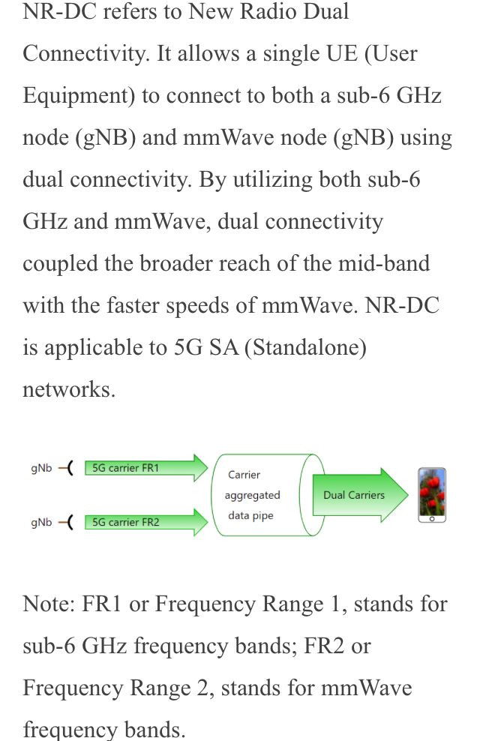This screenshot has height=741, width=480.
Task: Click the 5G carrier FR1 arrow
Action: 146,468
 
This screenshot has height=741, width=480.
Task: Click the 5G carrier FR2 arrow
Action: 146,522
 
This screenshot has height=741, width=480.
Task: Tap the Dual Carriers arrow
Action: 360,495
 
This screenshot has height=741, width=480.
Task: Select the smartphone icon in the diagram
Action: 432,495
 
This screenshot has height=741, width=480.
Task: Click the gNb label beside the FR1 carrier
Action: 41,468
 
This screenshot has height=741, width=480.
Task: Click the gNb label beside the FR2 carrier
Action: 41,522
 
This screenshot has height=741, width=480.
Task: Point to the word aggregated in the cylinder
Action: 252,495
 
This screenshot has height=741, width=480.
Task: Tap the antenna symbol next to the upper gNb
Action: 66,468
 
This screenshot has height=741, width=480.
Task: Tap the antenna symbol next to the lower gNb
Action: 66,522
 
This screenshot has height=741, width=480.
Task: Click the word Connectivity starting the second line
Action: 86,54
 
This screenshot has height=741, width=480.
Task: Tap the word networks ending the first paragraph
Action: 69,389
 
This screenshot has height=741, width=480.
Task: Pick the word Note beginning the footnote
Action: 49,604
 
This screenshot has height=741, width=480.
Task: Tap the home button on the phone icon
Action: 432,519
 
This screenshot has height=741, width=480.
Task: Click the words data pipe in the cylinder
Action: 250,515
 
